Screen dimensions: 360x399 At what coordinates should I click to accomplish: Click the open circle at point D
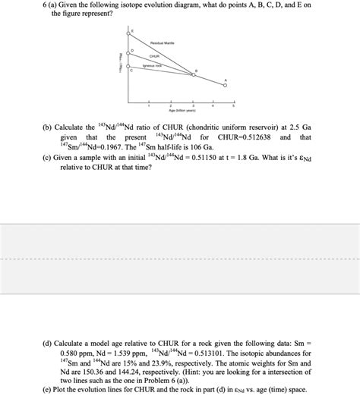pyautogui.click(x=128, y=54)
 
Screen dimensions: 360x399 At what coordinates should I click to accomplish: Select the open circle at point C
pyautogui.click(x=128, y=74)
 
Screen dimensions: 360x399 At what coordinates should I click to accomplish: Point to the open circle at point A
pyautogui.click(x=225, y=86)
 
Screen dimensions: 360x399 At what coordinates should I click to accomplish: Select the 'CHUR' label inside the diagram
pyautogui.click(x=154, y=56)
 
